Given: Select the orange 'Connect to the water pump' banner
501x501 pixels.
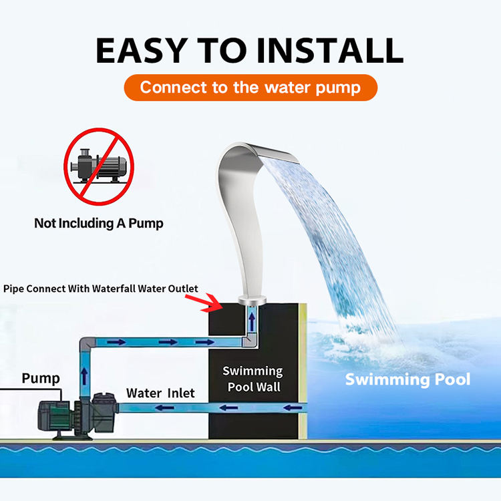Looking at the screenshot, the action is pos(251,88).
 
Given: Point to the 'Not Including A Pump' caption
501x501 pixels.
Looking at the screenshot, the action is pos(99,223).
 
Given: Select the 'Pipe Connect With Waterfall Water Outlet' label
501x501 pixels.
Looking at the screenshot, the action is pos(101,289).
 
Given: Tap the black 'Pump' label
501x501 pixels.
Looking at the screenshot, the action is pos(41,378).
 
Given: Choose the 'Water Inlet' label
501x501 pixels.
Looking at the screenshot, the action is pos(160,393).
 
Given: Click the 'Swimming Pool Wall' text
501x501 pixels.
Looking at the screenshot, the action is pos(253,379).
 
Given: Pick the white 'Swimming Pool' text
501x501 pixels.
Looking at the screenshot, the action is pos(407,379).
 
